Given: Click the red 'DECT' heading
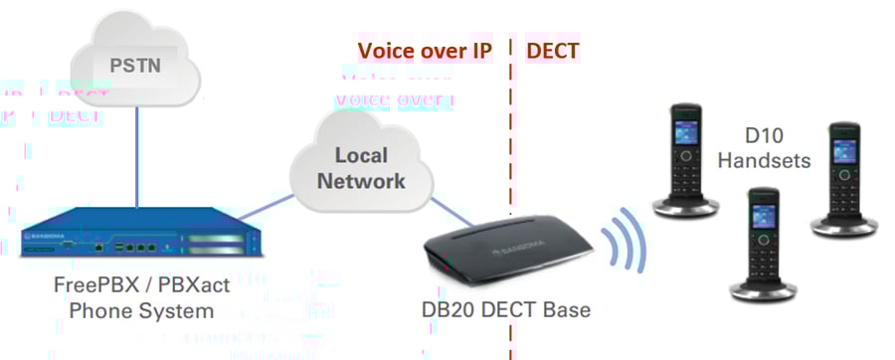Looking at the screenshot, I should [x=552, y=50].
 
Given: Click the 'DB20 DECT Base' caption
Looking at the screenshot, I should [x=505, y=310].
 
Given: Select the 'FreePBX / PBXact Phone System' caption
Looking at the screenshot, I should [x=140, y=298].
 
